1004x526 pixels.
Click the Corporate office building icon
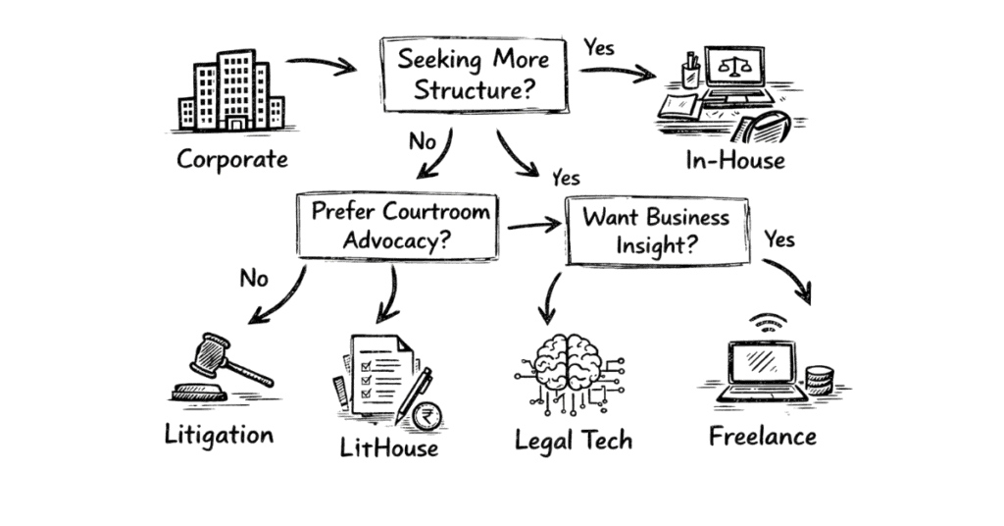tap(231, 92)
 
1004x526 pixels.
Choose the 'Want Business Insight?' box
tap(656, 231)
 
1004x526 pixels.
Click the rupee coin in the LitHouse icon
tap(426, 416)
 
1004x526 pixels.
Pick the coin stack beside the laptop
tap(819, 380)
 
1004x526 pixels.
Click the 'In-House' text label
tap(734, 159)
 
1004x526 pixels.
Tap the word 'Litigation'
tap(219, 433)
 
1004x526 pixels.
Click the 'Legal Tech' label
tap(574, 440)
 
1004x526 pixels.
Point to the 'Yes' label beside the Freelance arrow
tap(779, 239)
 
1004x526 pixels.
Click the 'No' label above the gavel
tap(254, 280)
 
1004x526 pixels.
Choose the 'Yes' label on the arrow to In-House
tap(600, 46)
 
